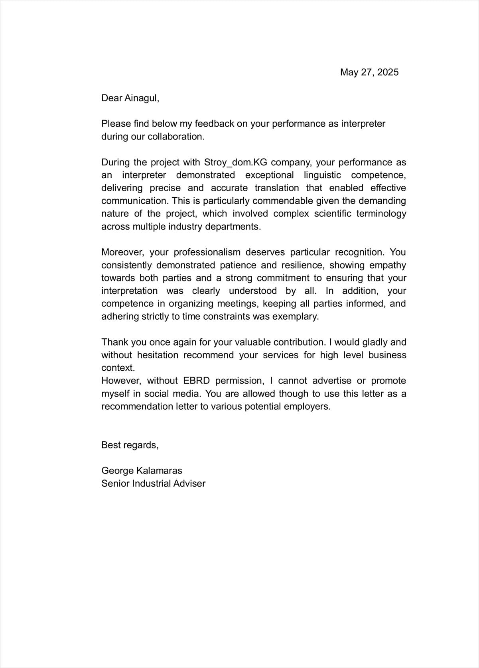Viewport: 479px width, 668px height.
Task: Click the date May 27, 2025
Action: coord(369,72)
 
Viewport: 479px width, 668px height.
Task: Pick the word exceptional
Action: coord(269,175)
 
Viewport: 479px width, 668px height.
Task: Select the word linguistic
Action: coord(322,175)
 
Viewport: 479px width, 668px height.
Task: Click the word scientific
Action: coord(333,214)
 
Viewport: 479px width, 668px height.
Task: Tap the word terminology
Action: coord(381,214)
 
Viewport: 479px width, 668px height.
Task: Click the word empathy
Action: coord(387,265)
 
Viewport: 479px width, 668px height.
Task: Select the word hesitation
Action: coord(158,355)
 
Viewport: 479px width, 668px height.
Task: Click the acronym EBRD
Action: coord(196,381)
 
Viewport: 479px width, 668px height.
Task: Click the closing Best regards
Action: coord(130,445)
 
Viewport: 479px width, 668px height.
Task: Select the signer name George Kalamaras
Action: coord(142,471)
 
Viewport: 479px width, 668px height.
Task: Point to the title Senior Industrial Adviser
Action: coord(153,483)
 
